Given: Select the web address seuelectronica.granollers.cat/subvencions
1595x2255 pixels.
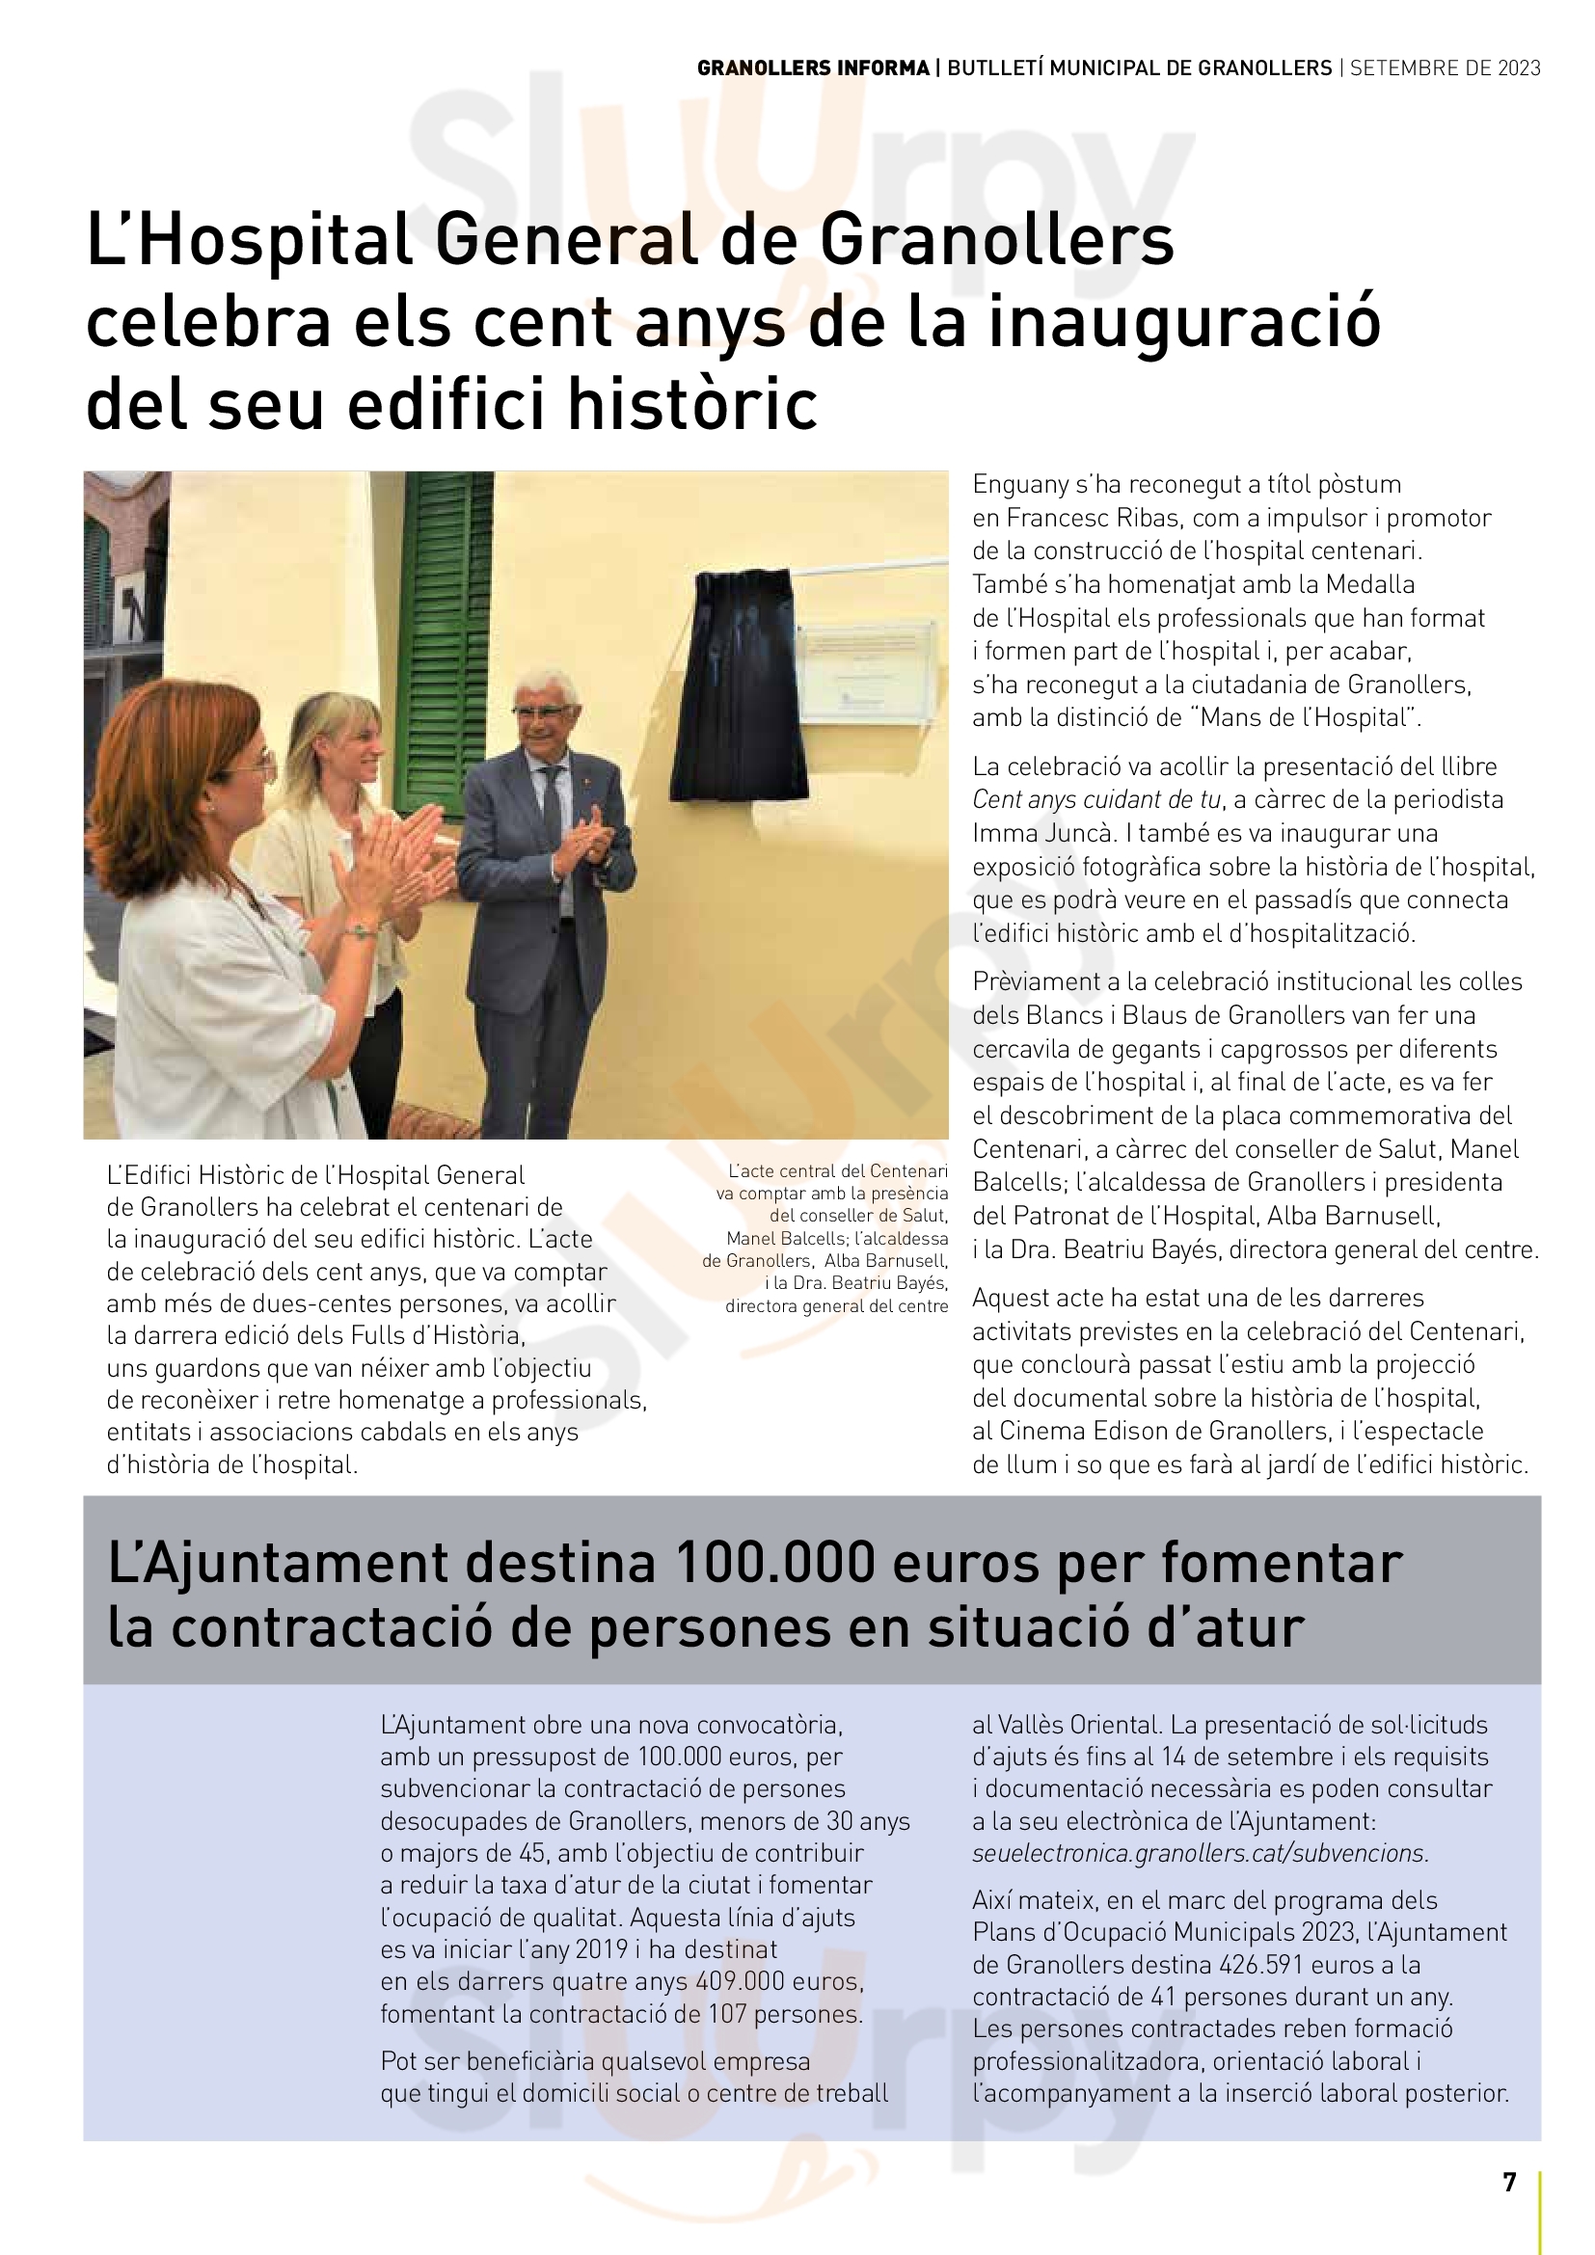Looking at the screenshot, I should pos(1201,1853).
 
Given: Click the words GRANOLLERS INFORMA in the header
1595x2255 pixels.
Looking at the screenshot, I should pos(813,68).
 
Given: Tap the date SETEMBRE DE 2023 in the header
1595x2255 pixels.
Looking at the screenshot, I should pos(1446,68).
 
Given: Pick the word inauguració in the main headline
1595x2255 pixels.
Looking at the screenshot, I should pos(1184,324).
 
